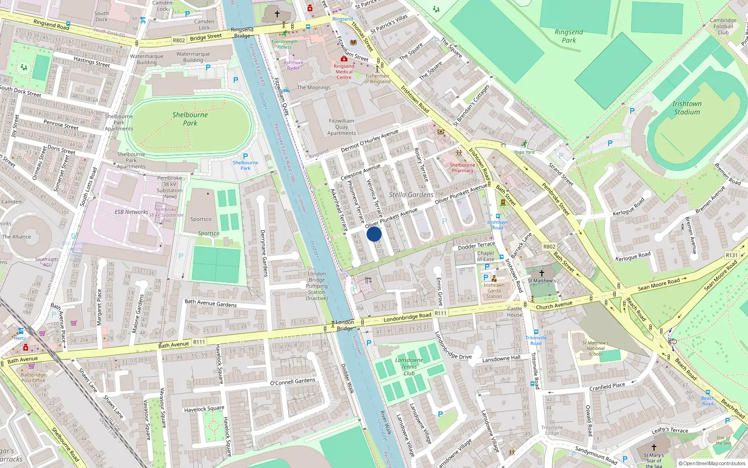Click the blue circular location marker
point(374,234)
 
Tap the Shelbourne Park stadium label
point(190,119)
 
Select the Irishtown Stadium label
point(687,108)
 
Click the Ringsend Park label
point(569,36)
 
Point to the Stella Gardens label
point(411,195)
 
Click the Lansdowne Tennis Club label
point(409,366)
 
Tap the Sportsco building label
point(201,219)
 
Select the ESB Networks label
point(131,212)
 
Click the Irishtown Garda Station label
point(494,291)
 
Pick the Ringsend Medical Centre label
point(344,72)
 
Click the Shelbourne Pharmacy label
point(462,168)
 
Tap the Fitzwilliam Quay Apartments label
point(341,127)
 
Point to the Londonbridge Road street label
point(407,317)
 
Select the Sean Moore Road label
point(659,285)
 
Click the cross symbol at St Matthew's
point(542,273)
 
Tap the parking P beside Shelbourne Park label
point(245,156)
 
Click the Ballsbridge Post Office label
point(33,378)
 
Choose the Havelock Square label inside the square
point(204,409)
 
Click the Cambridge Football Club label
point(723,26)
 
